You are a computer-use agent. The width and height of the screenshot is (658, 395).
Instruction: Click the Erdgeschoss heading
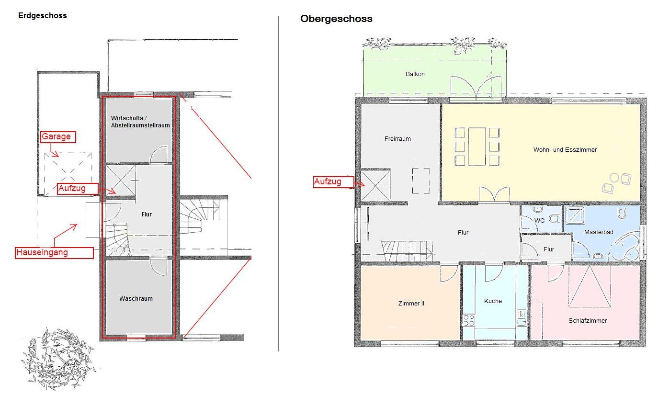(x=42, y=16)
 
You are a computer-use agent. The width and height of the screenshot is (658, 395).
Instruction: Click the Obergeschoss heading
(x=336, y=19)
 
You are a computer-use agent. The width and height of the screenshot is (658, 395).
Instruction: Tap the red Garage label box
(x=58, y=137)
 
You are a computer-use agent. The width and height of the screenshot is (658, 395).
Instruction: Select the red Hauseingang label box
(x=54, y=253)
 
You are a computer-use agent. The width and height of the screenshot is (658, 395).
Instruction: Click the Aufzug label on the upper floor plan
(x=333, y=182)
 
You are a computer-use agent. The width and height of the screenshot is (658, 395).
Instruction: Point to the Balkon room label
(x=415, y=74)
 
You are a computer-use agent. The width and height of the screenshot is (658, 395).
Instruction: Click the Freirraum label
(x=397, y=139)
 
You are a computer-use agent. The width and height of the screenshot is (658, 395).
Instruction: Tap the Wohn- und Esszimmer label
(x=565, y=150)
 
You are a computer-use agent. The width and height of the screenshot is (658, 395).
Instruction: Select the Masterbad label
(x=598, y=232)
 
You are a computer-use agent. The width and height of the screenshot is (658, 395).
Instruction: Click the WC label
(x=539, y=221)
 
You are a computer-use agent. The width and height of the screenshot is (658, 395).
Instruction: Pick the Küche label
(x=493, y=301)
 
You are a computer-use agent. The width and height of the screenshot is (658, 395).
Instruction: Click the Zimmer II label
(x=411, y=304)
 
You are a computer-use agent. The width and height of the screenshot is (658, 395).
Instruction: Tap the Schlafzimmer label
(x=587, y=321)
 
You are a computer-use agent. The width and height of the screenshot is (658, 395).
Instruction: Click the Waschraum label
(x=136, y=299)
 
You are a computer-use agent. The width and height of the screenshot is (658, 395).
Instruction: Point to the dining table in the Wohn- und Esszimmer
(x=476, y=147)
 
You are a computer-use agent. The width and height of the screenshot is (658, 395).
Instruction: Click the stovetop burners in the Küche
(x=468, y=320)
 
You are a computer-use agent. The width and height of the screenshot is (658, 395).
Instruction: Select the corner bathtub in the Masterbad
(x=626, y=245)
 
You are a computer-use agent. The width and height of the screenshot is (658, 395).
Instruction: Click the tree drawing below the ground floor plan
(x=59, y=359)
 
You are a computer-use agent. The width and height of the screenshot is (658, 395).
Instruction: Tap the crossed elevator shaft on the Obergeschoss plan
(x=375, y=186)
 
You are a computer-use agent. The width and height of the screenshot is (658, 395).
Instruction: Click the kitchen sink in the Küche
(x=522, y=318)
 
